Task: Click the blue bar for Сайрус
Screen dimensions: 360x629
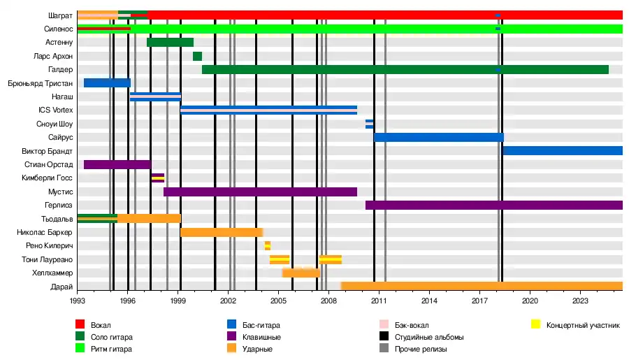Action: pos(438,137)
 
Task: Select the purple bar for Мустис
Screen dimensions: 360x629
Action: pos(260,192)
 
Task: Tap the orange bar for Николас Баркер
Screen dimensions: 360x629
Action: pos(222,232)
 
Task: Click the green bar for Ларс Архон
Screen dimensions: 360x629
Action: pos(197,56)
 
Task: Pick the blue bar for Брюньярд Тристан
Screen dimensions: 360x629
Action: pos(107,83)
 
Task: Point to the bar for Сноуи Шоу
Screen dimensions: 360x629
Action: pos(369,124)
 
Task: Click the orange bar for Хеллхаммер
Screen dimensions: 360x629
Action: pos(301,273)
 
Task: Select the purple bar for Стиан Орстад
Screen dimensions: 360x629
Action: pos(117,164)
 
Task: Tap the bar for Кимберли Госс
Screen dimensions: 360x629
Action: pos(158,178)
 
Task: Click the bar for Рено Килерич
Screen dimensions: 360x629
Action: pos(267,245)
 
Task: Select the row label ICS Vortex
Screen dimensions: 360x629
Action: pos(55,110)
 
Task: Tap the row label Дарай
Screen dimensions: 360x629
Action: pos(62,287)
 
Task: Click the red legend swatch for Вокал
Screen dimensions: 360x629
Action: pos(80,324)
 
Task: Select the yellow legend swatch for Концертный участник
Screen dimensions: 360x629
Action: pos(536,324)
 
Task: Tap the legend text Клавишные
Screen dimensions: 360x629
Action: pos(263,337)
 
